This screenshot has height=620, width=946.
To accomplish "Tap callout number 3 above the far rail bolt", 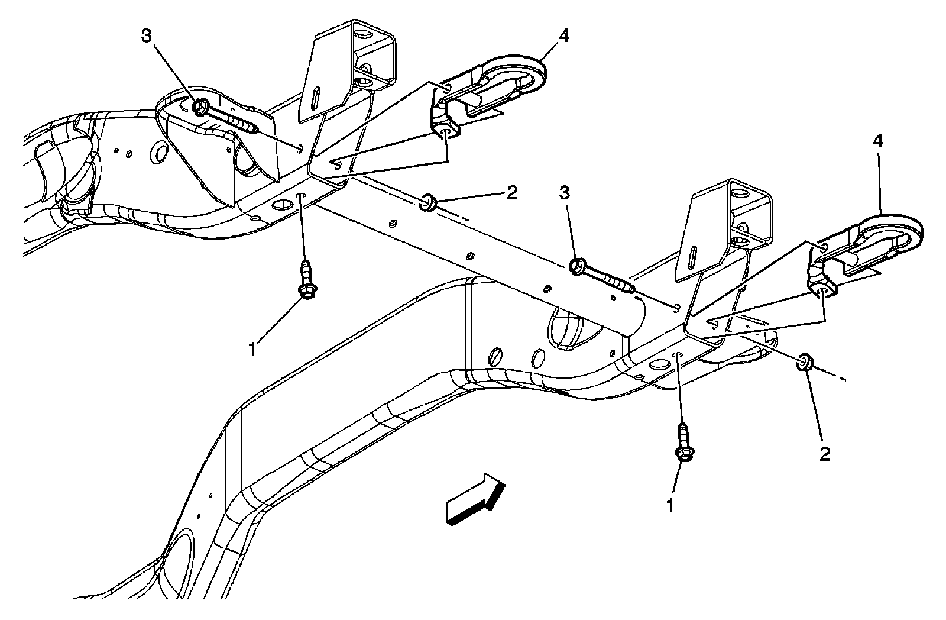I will (x=146, y=36).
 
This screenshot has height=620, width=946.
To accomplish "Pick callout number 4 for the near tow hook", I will (x=878, y=141).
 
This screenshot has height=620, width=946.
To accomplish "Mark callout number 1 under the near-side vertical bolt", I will (x=670, y=506).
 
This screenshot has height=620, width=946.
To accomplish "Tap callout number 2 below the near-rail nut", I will (x=824, y=454).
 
